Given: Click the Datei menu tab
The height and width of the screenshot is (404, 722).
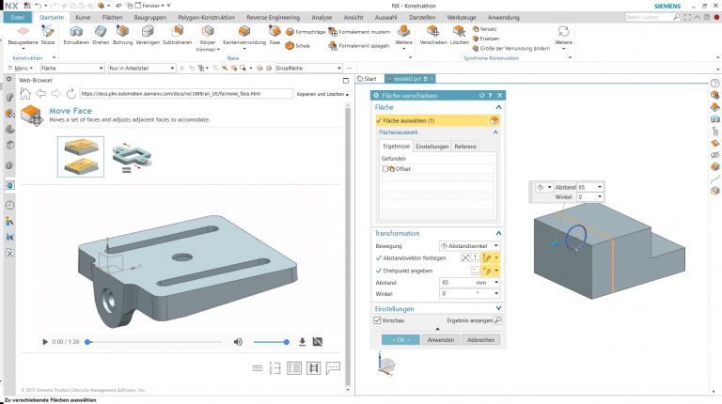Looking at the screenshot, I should (x=18, y=17).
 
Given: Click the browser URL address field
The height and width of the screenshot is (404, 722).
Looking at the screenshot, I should (x=183, y=94).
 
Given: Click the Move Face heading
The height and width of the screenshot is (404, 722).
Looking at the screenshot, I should (x=70, y=110).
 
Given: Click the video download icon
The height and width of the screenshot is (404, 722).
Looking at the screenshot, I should (x=302, y=342).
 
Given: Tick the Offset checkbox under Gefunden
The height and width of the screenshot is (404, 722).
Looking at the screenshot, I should (x=386, y=168).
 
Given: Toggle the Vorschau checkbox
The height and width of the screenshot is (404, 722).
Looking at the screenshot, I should (x=378, y=320).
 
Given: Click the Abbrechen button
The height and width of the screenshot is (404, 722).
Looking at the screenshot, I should (x=481, y=339).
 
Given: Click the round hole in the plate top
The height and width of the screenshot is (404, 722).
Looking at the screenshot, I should (x=179, y=255).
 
